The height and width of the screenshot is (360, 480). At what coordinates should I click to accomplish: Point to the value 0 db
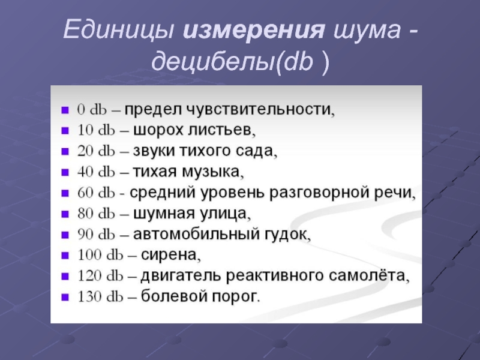[92, 109]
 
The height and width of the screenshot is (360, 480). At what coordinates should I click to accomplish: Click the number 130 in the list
[89, 296]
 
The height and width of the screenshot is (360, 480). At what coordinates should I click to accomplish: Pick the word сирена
[170, 254]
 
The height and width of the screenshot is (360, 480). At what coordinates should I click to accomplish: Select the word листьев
[221, 130]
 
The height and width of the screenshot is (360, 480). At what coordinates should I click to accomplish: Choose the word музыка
[212, 172]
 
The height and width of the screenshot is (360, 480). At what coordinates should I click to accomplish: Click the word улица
[225, 214]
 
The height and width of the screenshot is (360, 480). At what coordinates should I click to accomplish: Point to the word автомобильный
[196, 234]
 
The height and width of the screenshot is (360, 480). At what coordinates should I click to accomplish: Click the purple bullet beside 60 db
[65, 193]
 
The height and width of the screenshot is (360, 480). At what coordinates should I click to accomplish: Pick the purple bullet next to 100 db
[65, 256]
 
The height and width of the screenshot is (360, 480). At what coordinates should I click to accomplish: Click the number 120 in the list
[89, 276]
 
